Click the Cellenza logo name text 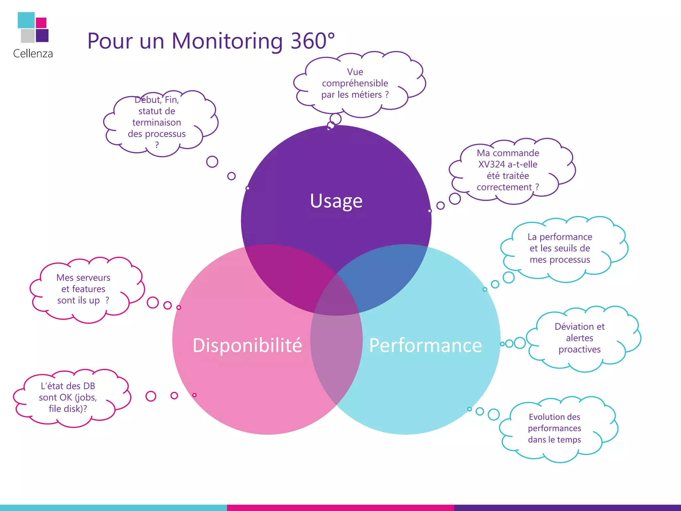tap(33, 54)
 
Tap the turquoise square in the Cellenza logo tap(26, 20)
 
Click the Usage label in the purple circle tap(336, 201)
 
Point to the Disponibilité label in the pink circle tap(247, 345)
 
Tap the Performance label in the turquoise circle tap(425, 345)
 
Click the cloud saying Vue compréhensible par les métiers tap(355, 83)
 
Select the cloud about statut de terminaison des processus tap(157, 122)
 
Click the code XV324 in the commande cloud tap(491, 164)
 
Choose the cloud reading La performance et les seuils tap(560, 248)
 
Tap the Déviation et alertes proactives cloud tap(580, 338)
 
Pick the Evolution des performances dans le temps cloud tap(554, 428)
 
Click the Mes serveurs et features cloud tap(83, 289)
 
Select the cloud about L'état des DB tap(68, 397)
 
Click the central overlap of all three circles tap(336, 301)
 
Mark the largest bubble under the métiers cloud tap(336, 119)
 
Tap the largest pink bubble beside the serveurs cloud tap(153, 302)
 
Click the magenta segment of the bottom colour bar tap(340, 508)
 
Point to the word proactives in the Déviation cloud tap(580, 349)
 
